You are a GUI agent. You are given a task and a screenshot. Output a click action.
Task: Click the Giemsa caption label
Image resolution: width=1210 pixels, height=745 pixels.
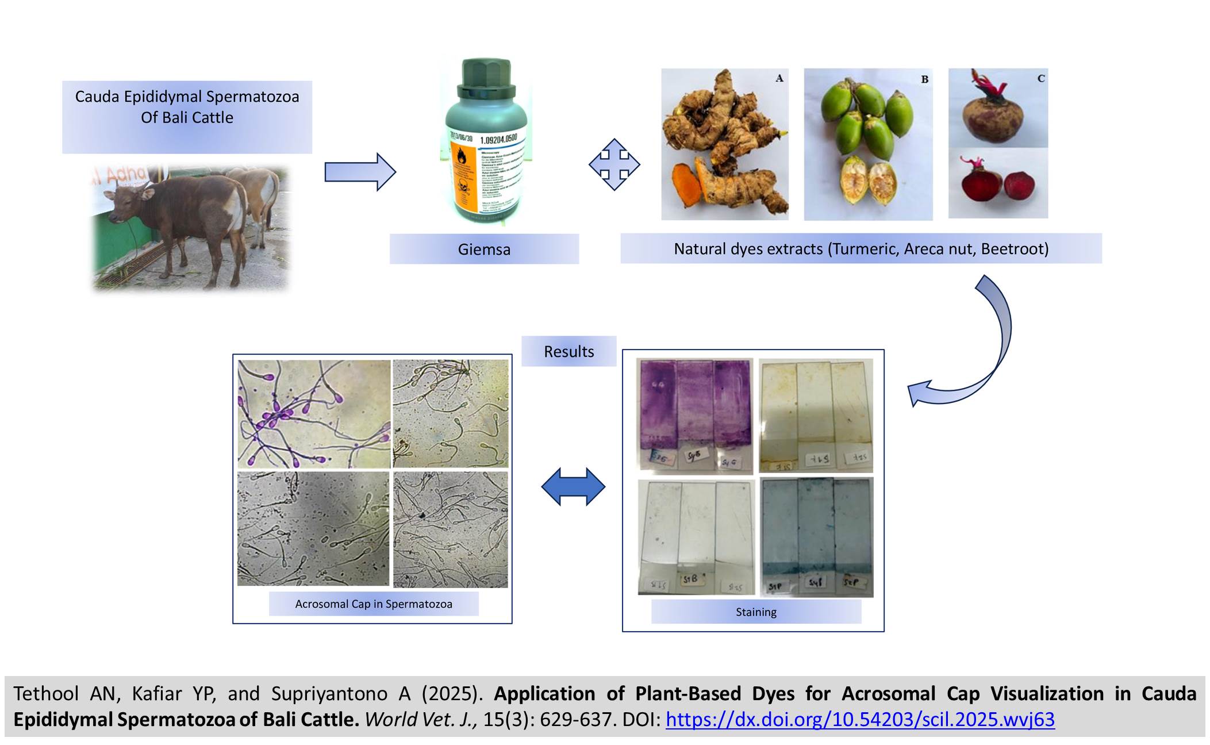coord(484,249)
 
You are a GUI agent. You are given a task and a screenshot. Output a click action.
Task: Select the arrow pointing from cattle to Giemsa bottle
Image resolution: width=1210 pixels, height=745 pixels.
coord(360,171)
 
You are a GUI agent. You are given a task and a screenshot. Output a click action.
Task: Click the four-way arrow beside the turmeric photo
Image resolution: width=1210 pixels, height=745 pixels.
coord(614,164)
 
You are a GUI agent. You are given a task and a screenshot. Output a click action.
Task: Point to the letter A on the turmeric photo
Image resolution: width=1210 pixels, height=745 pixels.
coord(779,78)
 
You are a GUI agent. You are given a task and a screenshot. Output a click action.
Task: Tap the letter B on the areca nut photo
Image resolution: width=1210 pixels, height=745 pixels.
coord(924,79)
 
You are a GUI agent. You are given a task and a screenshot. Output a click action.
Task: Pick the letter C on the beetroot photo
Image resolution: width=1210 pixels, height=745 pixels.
coord(1040,78)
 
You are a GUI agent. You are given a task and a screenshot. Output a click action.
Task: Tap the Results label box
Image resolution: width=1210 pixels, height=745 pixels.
coord(568,351)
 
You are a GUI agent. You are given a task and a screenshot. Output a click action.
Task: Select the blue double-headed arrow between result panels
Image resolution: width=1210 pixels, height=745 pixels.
coord(573,486)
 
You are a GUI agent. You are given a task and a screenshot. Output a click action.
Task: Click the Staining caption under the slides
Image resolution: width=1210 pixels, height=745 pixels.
coord(756,612)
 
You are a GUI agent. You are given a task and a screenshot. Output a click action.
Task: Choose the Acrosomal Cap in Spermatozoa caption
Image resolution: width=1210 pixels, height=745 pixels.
coord(374,604)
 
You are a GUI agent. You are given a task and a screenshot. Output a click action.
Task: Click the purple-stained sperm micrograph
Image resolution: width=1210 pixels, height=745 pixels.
coord(314,413)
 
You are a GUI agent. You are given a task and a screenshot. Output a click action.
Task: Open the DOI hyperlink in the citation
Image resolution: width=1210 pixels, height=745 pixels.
coord(860,719)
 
